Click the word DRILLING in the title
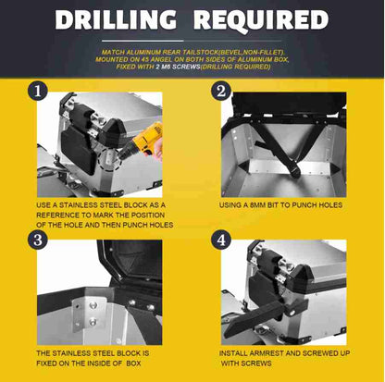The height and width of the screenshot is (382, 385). pos(116,19)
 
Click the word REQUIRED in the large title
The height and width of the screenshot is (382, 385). pos(261,20)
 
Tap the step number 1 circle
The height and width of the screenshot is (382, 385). pos(38,91)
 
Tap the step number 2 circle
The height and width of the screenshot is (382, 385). pos(221,92)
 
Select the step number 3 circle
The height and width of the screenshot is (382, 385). pos(38,240)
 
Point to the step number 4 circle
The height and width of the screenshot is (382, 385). pos(221,240)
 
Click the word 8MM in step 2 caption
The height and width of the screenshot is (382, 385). pos(257,205)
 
